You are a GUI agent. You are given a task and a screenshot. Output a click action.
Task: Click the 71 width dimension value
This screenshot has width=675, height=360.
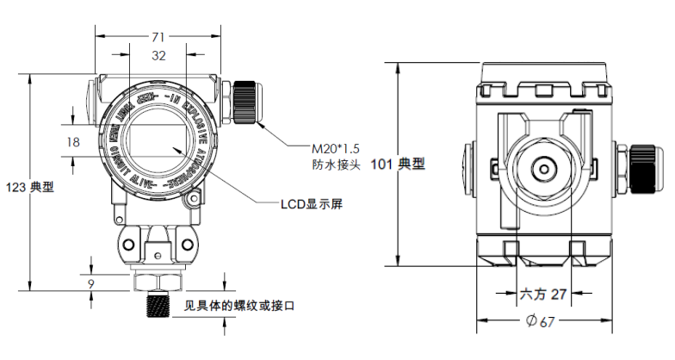pyautogui.click(x=158, y=37)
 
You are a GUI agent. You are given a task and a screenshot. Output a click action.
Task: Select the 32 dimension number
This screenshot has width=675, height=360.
pyautogui.click(x=158, y=56)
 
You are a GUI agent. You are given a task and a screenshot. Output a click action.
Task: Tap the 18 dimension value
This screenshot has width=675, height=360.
pyautogui.click(x=73, y=141)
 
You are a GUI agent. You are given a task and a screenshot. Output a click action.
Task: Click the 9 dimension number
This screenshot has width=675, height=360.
pyautogui.click(x=91, y=282)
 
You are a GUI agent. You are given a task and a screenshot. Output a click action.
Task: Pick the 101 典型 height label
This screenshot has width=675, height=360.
pyautogui.click(x=398, y=164)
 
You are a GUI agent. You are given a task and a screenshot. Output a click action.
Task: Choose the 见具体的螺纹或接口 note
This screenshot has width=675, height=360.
pyautogui.click(x=240, y=306)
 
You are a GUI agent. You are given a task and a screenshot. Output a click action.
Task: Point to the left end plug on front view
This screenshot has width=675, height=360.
pyautogui.click(x=91, y=93)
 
